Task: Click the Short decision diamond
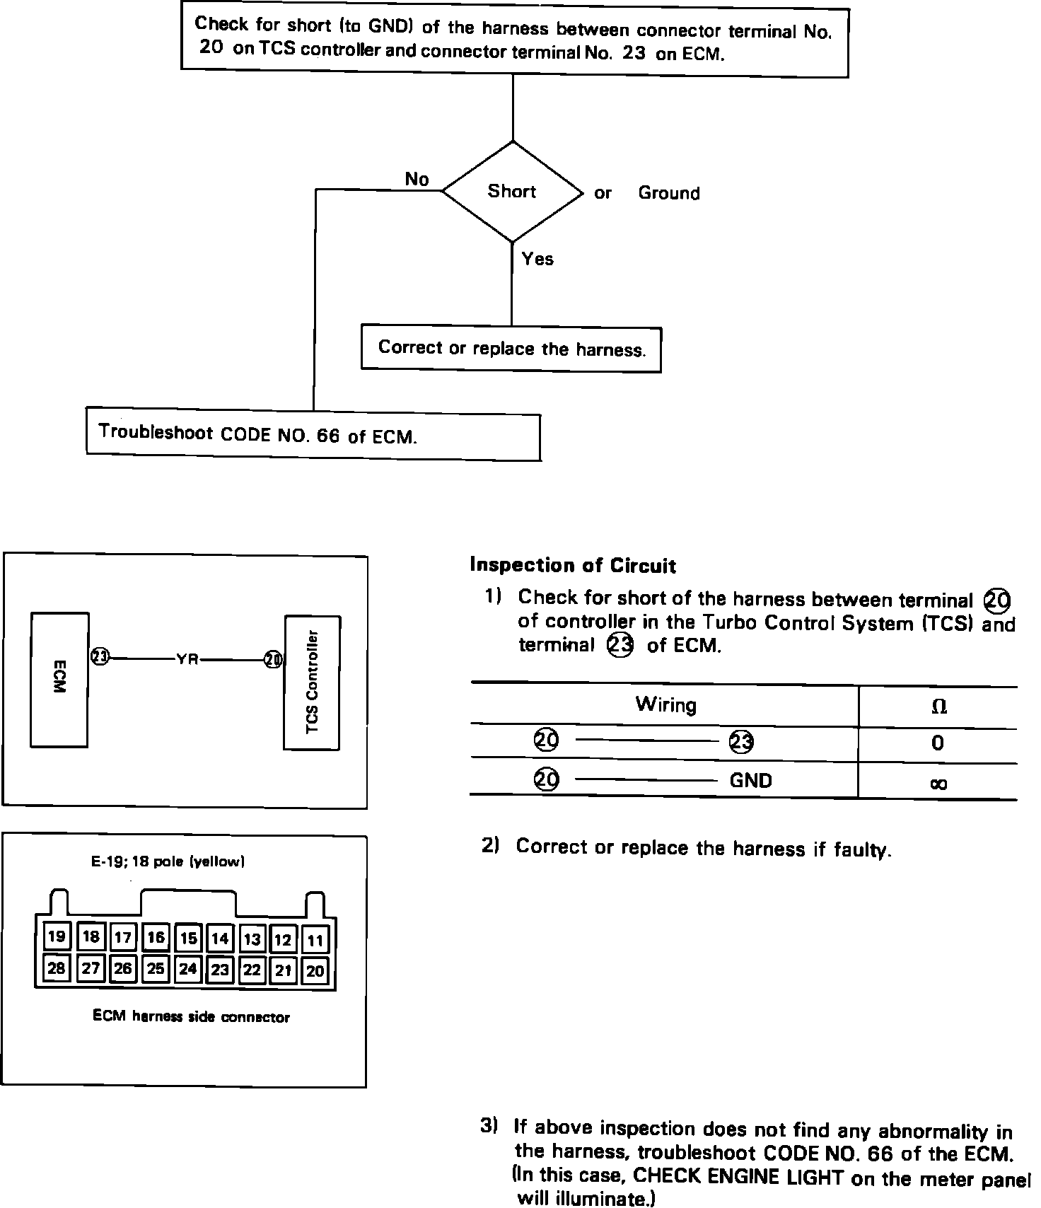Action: pyautogui.click(x=512, y=192)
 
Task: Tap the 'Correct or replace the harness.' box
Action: pyautogui.click(x=511, y=349)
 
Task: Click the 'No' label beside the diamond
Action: pyautogui.click(x=417, y=180)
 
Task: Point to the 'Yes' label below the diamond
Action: pyautogui.click(x=537, y=260)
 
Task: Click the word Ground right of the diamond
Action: pyautogui.click(x=668, y=193)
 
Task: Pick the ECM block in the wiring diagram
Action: pyautogui.click(x=59, y=679)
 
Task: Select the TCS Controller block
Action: pyautogui.click(x=312, y=683)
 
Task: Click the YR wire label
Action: pyautogui.click(x=187, y=659)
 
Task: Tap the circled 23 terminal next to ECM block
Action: pyautogui.click(x=100, y=657)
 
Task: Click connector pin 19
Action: pyautogui.click(x=56, y=937)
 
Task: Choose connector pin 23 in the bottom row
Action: pyautogui.click(x=220, y=970)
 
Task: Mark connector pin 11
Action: pyautogui.click(x=315, y=940)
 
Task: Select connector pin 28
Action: pyautogui.click(x=56, y=968)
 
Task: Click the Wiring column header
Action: pyautogui.click(x=665, y=704)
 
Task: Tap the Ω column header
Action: pyautogui.click(x=939, y=707)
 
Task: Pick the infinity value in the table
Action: pyautogui.click(x=938, y=783)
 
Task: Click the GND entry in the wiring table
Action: pyautogui.click(x=750, y=781)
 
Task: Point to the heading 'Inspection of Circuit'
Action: pyautogui.click(x=573, y=565)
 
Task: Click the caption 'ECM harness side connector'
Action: pyautogui.click(x=191, y=1017)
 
